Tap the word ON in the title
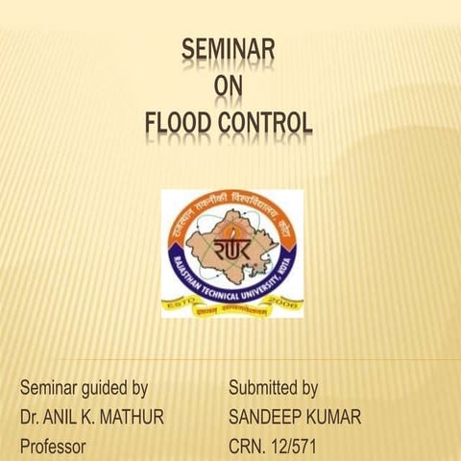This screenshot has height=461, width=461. click(x=230, y=88)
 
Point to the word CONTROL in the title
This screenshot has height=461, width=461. click(x=269, y=124)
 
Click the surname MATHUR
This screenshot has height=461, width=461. click(x=133, y=418)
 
